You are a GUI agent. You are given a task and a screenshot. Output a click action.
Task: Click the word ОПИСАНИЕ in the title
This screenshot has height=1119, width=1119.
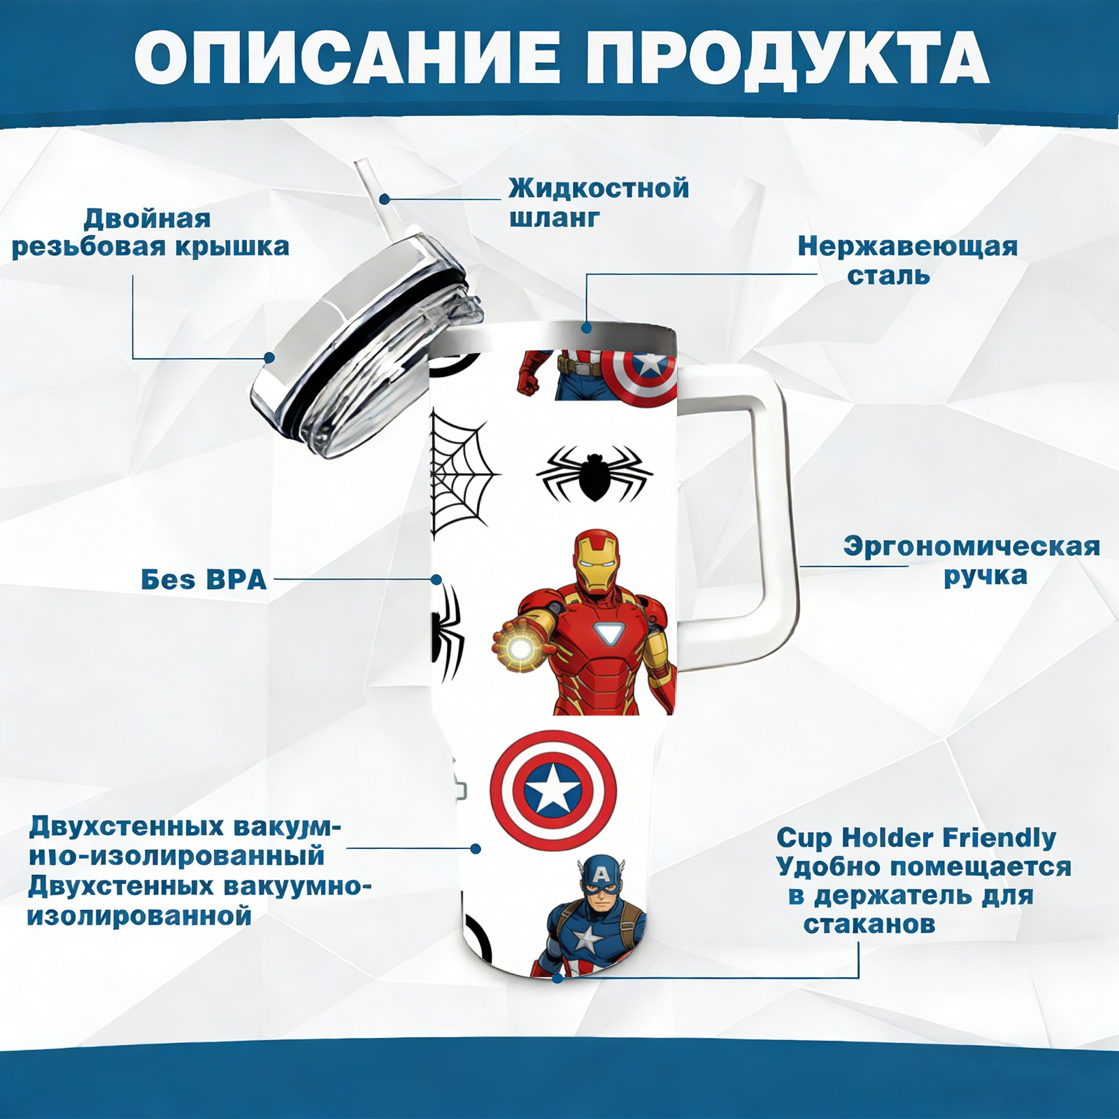(347, 57)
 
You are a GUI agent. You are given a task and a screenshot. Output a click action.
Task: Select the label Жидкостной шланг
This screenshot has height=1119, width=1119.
(599, 202)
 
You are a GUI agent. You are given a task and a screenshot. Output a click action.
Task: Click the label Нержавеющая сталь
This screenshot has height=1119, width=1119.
(908, 260)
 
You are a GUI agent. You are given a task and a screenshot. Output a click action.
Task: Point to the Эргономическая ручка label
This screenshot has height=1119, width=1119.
(971, 561)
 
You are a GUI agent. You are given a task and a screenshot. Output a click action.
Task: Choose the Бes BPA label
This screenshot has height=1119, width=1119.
(204, 580)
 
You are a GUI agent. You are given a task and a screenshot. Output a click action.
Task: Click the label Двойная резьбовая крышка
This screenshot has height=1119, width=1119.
(150, 233)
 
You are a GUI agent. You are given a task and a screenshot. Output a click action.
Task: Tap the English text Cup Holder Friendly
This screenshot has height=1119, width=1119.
(916, 837)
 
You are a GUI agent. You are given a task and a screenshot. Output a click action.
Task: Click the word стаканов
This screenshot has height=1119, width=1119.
(869, 925)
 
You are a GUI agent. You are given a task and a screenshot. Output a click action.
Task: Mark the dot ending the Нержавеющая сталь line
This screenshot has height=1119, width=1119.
(586, 327)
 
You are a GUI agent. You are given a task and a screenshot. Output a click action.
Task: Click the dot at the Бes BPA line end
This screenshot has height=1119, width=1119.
(436, 580)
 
